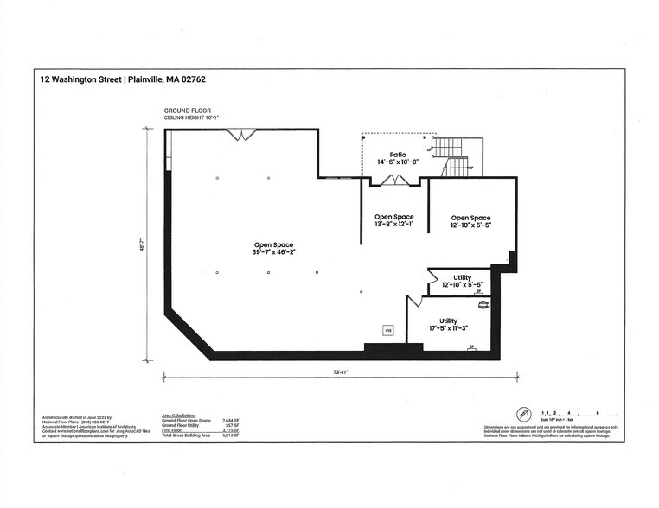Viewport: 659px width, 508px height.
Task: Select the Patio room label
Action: click(x=398, y=155)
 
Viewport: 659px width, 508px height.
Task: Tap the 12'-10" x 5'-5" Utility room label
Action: click(x=462, y=284)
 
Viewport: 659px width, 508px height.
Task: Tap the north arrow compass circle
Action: click(x=522, y=414)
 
